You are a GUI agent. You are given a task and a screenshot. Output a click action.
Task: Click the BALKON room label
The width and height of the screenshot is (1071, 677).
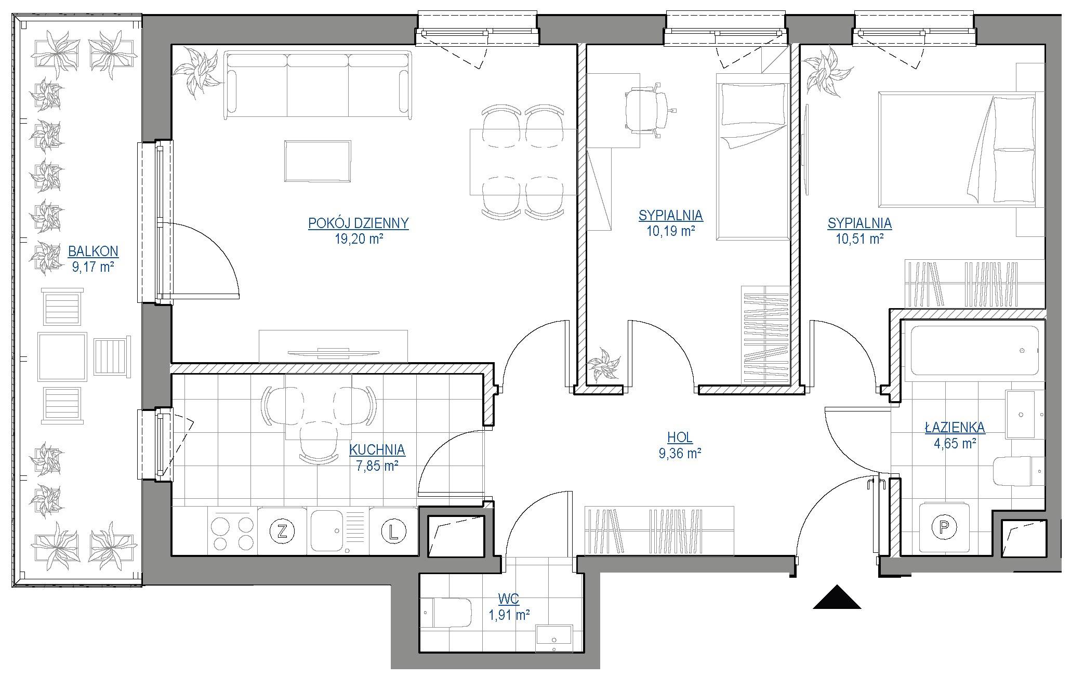pyautogui.click(x=93, y=251)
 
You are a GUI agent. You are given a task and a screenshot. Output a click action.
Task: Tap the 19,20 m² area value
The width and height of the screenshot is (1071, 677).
pyautogui.click(x=359, y=239)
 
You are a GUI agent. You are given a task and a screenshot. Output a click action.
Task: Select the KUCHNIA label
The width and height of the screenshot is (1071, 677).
pyautogui.click(x=377, y=449)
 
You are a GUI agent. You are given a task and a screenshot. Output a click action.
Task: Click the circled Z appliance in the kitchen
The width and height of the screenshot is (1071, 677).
pyautogui.click(x=283, y=531)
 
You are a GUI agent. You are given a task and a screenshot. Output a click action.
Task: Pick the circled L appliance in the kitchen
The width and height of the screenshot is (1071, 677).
pyautogui.click(x=393, y=531)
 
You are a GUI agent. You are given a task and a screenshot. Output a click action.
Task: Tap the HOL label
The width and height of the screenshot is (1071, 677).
pyautogui.click(x=680, y=438)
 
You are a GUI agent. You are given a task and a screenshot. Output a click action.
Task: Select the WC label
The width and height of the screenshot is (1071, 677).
pyautogui.click(x=509, y=599)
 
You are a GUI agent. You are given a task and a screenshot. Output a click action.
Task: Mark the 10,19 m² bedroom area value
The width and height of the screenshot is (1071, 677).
pyautogui.click(x=671, y=231)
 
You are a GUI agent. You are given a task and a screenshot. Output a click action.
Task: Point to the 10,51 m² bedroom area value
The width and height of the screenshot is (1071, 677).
pyautogui.click(x=860, y=239)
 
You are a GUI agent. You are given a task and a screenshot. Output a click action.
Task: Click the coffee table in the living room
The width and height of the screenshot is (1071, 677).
pyautogui.click(x=317, y=161)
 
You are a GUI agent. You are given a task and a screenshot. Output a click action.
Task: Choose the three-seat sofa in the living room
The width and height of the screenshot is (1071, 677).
pyautogui.click(x=317, y=84)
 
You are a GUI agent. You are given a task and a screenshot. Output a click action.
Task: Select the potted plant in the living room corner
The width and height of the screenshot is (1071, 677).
pyautogui.click(x=197, y=72)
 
